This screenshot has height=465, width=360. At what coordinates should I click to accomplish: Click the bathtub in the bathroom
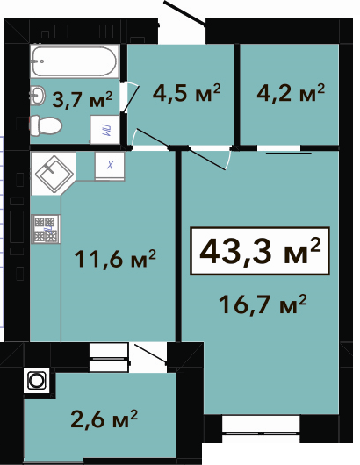75,61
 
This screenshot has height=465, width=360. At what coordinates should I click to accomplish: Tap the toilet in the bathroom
46,125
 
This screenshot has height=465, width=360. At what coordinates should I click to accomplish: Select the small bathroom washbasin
38,96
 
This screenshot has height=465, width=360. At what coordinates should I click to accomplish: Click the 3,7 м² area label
82,99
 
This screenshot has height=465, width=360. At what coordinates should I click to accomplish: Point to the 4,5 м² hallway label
187,92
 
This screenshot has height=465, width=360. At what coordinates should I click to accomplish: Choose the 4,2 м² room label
291,92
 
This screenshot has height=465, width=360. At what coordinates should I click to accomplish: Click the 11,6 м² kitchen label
115,258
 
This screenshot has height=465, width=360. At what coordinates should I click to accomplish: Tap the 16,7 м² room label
263,304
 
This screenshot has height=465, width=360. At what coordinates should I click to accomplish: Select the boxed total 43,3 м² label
260,252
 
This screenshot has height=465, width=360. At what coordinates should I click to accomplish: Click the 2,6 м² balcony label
104,418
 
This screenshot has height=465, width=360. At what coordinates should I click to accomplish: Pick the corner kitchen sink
54,174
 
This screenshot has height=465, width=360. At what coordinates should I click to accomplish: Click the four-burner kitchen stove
46,229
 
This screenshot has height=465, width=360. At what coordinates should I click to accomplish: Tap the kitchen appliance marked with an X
110,166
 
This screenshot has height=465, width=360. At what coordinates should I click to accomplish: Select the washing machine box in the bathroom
105,130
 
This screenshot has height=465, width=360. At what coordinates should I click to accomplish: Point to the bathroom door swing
130,97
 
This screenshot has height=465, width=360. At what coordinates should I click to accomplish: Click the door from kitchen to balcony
150,354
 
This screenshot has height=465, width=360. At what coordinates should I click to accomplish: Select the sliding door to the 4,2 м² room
289,153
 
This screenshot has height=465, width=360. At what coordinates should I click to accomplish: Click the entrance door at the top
185,12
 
